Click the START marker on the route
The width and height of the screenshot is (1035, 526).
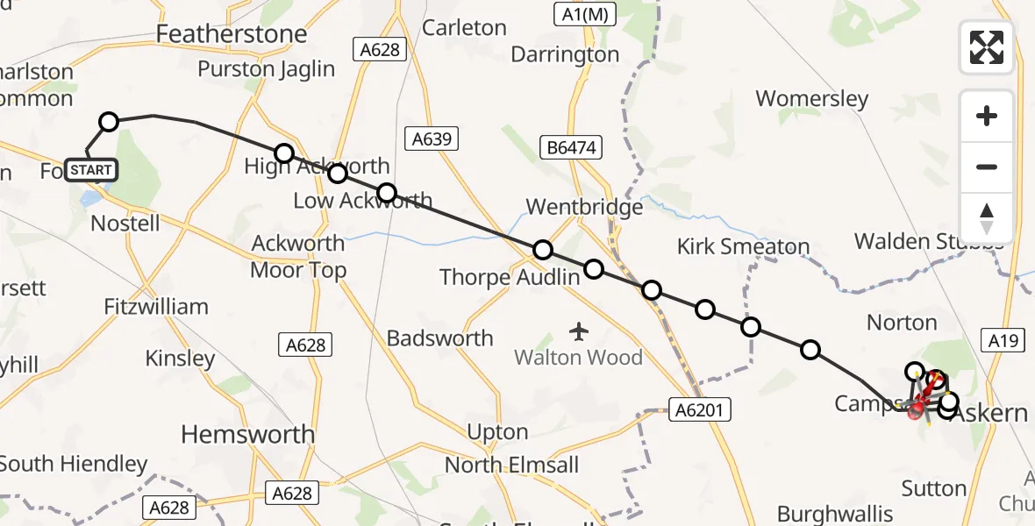tap(90, 169)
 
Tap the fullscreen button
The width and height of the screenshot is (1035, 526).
tap(987, 47)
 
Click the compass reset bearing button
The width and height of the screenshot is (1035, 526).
tap(987, 217)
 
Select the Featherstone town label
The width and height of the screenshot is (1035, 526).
tap(232, 34)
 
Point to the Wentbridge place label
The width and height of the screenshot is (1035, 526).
tap(584, 207)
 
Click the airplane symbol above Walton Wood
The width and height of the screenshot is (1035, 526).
tap(578, 331)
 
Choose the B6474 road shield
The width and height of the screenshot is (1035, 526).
tap(575, 148)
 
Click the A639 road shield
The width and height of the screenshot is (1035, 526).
tap(431, 138)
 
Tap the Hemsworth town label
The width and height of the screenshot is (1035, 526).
tap(247, 434)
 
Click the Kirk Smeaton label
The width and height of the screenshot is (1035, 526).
tap(743, 246)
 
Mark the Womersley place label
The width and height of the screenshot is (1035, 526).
tap(812, 98)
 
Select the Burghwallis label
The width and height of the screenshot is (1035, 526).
tap(835, 514)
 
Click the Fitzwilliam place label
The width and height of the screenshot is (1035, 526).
tap(156, 306)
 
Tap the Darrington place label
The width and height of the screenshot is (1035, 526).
tap(565, 54)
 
